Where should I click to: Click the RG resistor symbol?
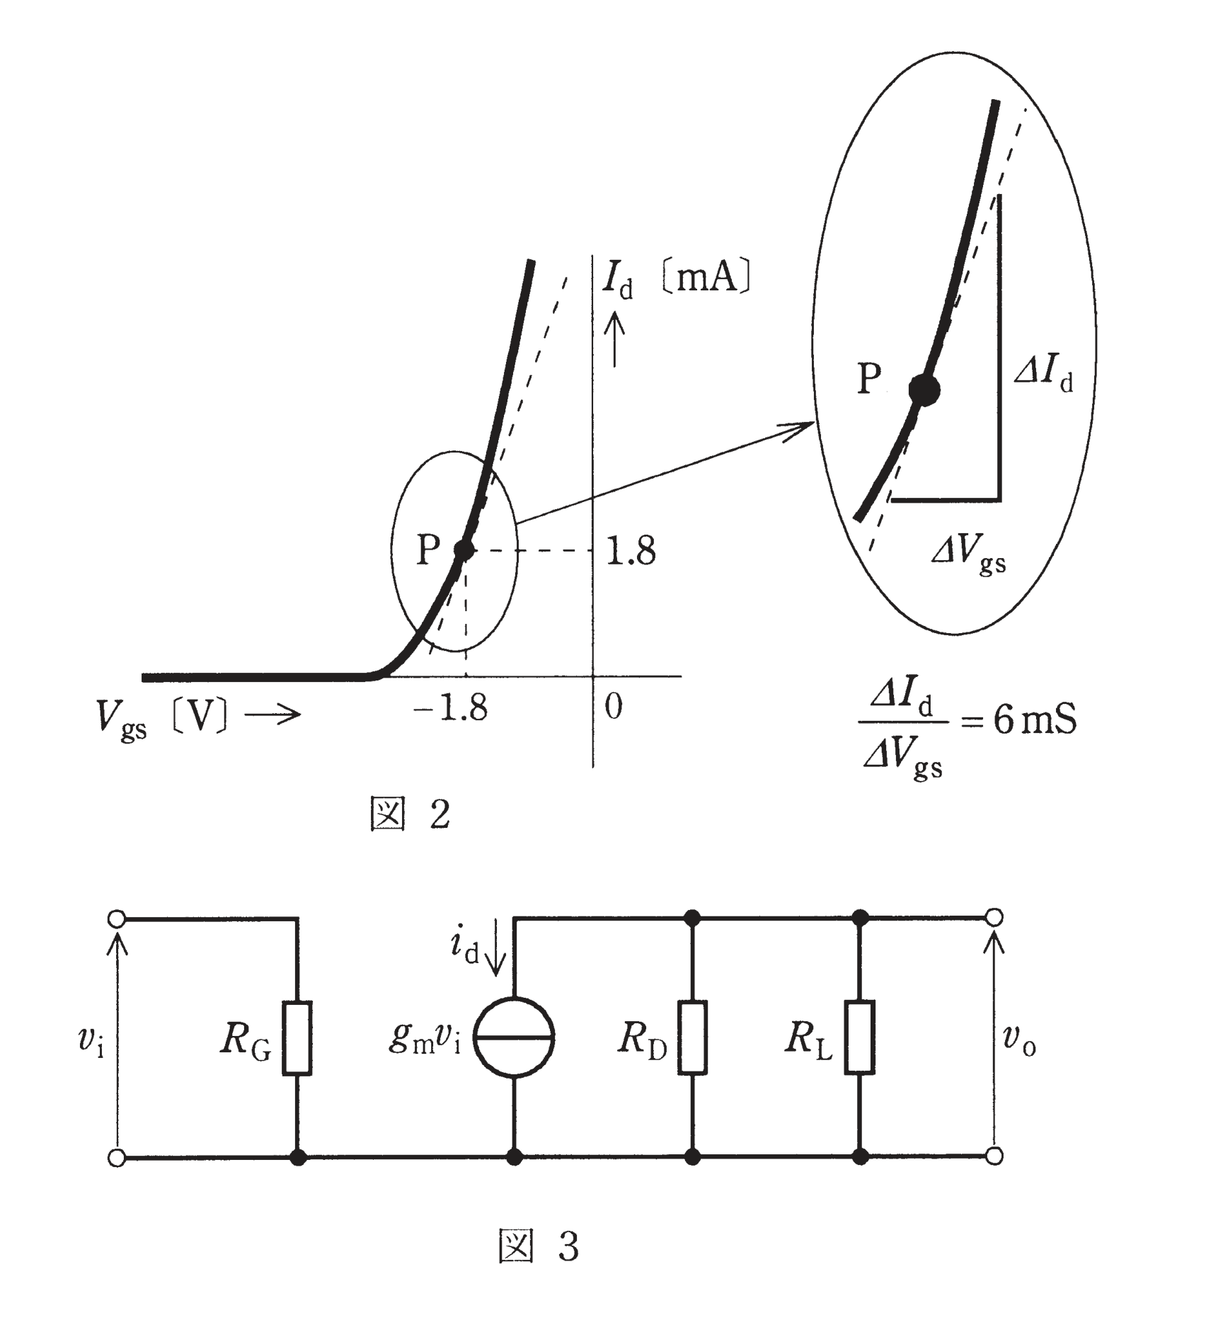pyautogui.click(x=297, y=1038)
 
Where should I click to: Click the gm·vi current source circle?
pyautogui.click(x=514, y=1037)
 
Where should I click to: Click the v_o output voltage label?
pyautogui.click(x=1019, y=1041)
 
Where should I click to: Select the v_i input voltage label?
pyautogui.click(x=91, y=1042)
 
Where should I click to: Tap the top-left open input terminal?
pyautogui.click(x=117, y=919)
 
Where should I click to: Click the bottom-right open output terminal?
pyautogui.click(x=994, y=1156)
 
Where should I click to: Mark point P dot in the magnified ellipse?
pyautogui.click(x=924, y=389)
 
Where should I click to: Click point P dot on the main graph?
pyautogui.click(x=464, y=549)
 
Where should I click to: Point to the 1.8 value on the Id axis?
pyautogui.click(x=631, y=550)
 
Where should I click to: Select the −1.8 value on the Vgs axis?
pyautogui.click(x=450, y=707)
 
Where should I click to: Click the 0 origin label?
pyautogui.click(x=614, y=707)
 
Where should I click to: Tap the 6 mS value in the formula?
pyautogui.click(x=1035, y=720)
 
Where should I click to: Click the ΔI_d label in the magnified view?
pyautogui.click(x=1044, y=371)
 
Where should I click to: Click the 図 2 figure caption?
pyautogui.click(x=410, y=814)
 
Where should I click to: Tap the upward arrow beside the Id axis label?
pyautogui.click(x=614, y=340)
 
